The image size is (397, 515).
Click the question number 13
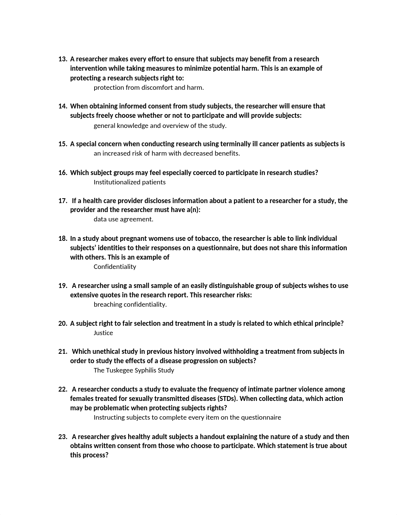(62, 59)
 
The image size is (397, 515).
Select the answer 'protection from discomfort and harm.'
(148, 88)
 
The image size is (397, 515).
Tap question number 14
(62, 106)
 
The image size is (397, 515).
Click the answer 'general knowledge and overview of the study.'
(160, 126)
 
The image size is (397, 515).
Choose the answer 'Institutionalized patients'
(129, 182)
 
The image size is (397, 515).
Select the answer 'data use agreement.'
(123, 219)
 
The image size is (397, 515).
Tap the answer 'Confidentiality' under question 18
(115, 267)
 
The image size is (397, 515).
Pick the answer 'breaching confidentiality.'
(130, 304)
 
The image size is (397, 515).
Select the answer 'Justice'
(103, 333)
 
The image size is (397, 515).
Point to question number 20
(62, 324)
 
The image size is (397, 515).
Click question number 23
(62, 437)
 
